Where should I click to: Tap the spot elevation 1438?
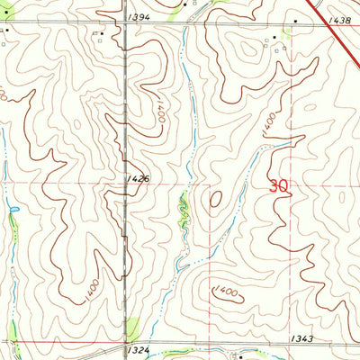pos(338,19)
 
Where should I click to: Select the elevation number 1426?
pos(138,180)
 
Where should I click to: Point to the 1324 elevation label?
pos(138,349)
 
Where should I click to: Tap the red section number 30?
pos(279,186)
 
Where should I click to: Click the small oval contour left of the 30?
pos(217,199)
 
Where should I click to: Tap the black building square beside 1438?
pos(295,17)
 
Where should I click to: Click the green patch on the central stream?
pos(183,209)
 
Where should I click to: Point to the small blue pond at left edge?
pos(13,213)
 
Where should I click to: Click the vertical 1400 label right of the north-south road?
pos(157,112)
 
